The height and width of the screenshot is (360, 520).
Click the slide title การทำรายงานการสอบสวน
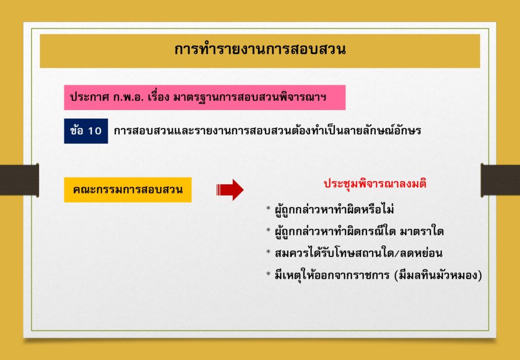click(260, 49)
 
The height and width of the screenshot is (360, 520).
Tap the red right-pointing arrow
click(230, 189)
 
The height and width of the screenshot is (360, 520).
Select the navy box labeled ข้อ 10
click(86, 131)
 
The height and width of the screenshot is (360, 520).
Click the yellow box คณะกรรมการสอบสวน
click(127, 189)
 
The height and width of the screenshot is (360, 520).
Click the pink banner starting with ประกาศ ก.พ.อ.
click(205, 97)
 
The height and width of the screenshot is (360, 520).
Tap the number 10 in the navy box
click(94, 132)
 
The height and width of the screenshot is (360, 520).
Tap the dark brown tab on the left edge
click(19, 180)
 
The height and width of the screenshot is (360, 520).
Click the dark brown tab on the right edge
click(500, 180)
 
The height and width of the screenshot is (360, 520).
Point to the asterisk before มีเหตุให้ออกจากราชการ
click(269, 275)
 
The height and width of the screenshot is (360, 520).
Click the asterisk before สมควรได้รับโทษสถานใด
click(269, 252)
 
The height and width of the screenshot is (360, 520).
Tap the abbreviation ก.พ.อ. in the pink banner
click(125, 98)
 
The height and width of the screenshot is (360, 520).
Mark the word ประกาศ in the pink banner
click(88, 98)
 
